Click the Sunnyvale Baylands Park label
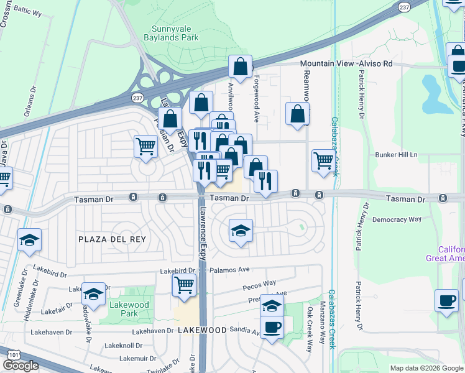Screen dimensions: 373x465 tap(176, 32)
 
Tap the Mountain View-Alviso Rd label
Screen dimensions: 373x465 tap(346, 63)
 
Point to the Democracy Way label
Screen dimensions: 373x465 tap(397, 219)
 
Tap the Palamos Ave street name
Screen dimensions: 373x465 tap(229, 270)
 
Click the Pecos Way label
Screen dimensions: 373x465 tap(261, 283)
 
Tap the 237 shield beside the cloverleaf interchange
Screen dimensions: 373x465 tap(137, 98)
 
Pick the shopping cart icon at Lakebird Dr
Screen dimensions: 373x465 tap(184, 285)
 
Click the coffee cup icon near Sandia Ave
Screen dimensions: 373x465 tap(271, 326)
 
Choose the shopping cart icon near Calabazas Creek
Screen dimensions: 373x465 tap(323, 160)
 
